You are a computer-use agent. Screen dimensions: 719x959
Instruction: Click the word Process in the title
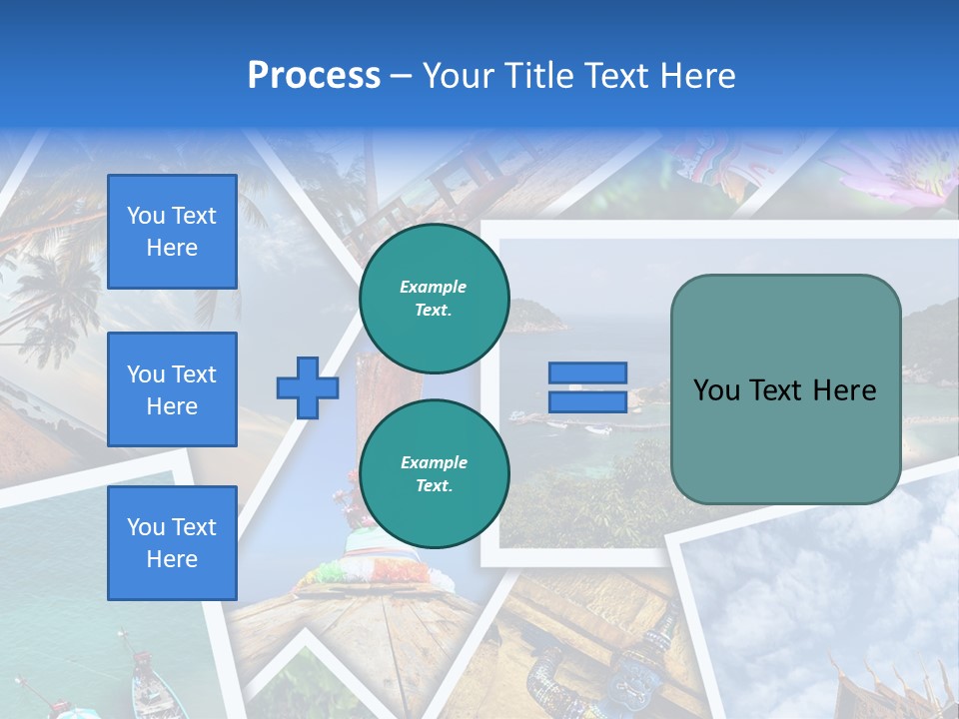(314, 76)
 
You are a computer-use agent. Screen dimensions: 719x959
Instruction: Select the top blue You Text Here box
(172, 232)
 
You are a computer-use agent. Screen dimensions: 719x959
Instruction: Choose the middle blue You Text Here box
(172, 389)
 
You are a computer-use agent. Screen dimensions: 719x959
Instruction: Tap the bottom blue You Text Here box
(172, 543)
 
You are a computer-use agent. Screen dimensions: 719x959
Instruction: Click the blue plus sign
(308, 387)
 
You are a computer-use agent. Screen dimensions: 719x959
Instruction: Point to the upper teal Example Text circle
(434, 298)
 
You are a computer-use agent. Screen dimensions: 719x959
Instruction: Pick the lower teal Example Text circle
(434, 473)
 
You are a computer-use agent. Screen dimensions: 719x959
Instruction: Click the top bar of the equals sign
(587, 373)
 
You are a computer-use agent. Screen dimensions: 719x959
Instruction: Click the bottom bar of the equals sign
(587, 402)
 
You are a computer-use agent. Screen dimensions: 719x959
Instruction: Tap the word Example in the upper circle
(434, 287)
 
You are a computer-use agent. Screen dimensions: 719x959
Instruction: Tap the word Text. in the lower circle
(434, 486)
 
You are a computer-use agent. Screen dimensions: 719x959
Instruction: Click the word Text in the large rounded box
(782, 390)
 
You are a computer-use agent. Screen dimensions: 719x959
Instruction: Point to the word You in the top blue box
(146, 216)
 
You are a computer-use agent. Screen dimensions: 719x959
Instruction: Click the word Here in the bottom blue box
(172, 559)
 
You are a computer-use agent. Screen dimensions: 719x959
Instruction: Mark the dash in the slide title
(401, 77)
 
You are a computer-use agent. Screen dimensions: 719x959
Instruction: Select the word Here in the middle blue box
(172, 406)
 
